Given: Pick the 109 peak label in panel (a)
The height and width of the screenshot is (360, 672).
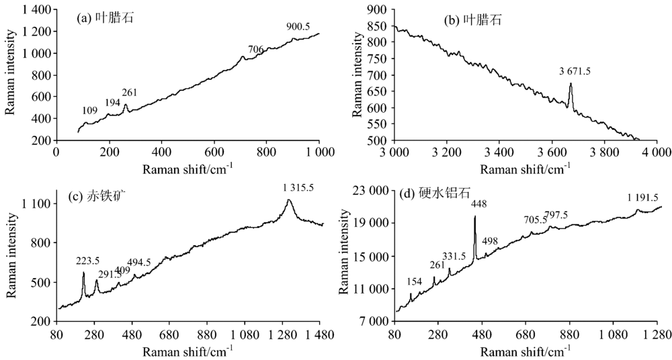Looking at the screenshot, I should tap(89, 110).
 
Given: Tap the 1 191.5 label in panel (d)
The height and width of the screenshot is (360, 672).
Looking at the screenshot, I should tap(642, 198).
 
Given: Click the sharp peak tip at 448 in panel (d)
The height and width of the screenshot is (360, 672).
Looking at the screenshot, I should tap(474, 216).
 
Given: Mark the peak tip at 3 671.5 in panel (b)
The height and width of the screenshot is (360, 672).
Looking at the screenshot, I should tap(571, 83).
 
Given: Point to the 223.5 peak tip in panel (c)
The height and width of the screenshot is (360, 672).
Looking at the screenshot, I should tap(83, 273).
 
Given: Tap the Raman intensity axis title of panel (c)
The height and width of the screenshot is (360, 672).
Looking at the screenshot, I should tap(11, 259).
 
